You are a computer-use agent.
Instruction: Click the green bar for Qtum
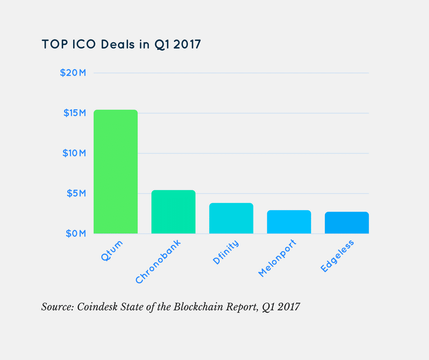pos(115,172)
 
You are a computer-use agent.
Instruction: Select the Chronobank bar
pos(173,212)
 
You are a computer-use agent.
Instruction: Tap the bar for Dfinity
pos(231,218)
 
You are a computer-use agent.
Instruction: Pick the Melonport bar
pos(289,222)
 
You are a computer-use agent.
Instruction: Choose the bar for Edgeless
pos(347,223)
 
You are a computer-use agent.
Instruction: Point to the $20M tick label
pos(73,73)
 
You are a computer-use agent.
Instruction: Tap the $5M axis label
pos(76,193)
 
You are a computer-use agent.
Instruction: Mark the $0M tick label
pos(75,233)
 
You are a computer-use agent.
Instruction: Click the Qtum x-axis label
pos(112,251)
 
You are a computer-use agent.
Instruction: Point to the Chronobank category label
pos(158,262)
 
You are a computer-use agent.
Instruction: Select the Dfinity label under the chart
pos(225,253)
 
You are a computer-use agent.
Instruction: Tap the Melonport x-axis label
pos(277,258)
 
